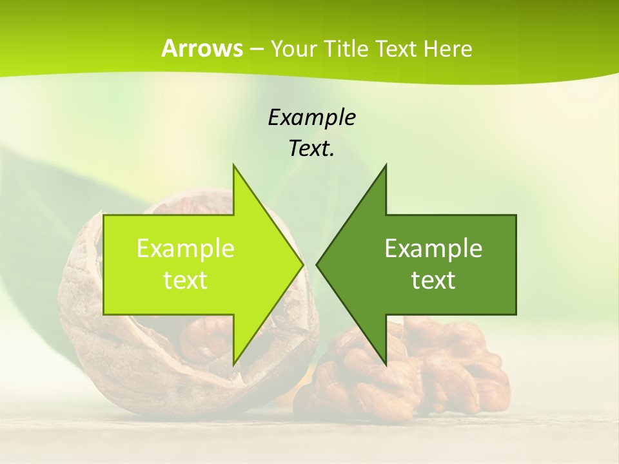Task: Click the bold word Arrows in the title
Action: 201,48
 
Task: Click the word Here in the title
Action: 447,49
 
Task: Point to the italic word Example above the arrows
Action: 311,117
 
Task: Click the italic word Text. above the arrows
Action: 311,149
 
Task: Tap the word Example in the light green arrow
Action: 186,249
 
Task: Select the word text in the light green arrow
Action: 186,280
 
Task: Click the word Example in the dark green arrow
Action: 433,249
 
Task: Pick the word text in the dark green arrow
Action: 433,280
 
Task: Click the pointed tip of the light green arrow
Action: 302,264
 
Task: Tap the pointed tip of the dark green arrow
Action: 318,264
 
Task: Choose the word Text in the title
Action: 395,49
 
